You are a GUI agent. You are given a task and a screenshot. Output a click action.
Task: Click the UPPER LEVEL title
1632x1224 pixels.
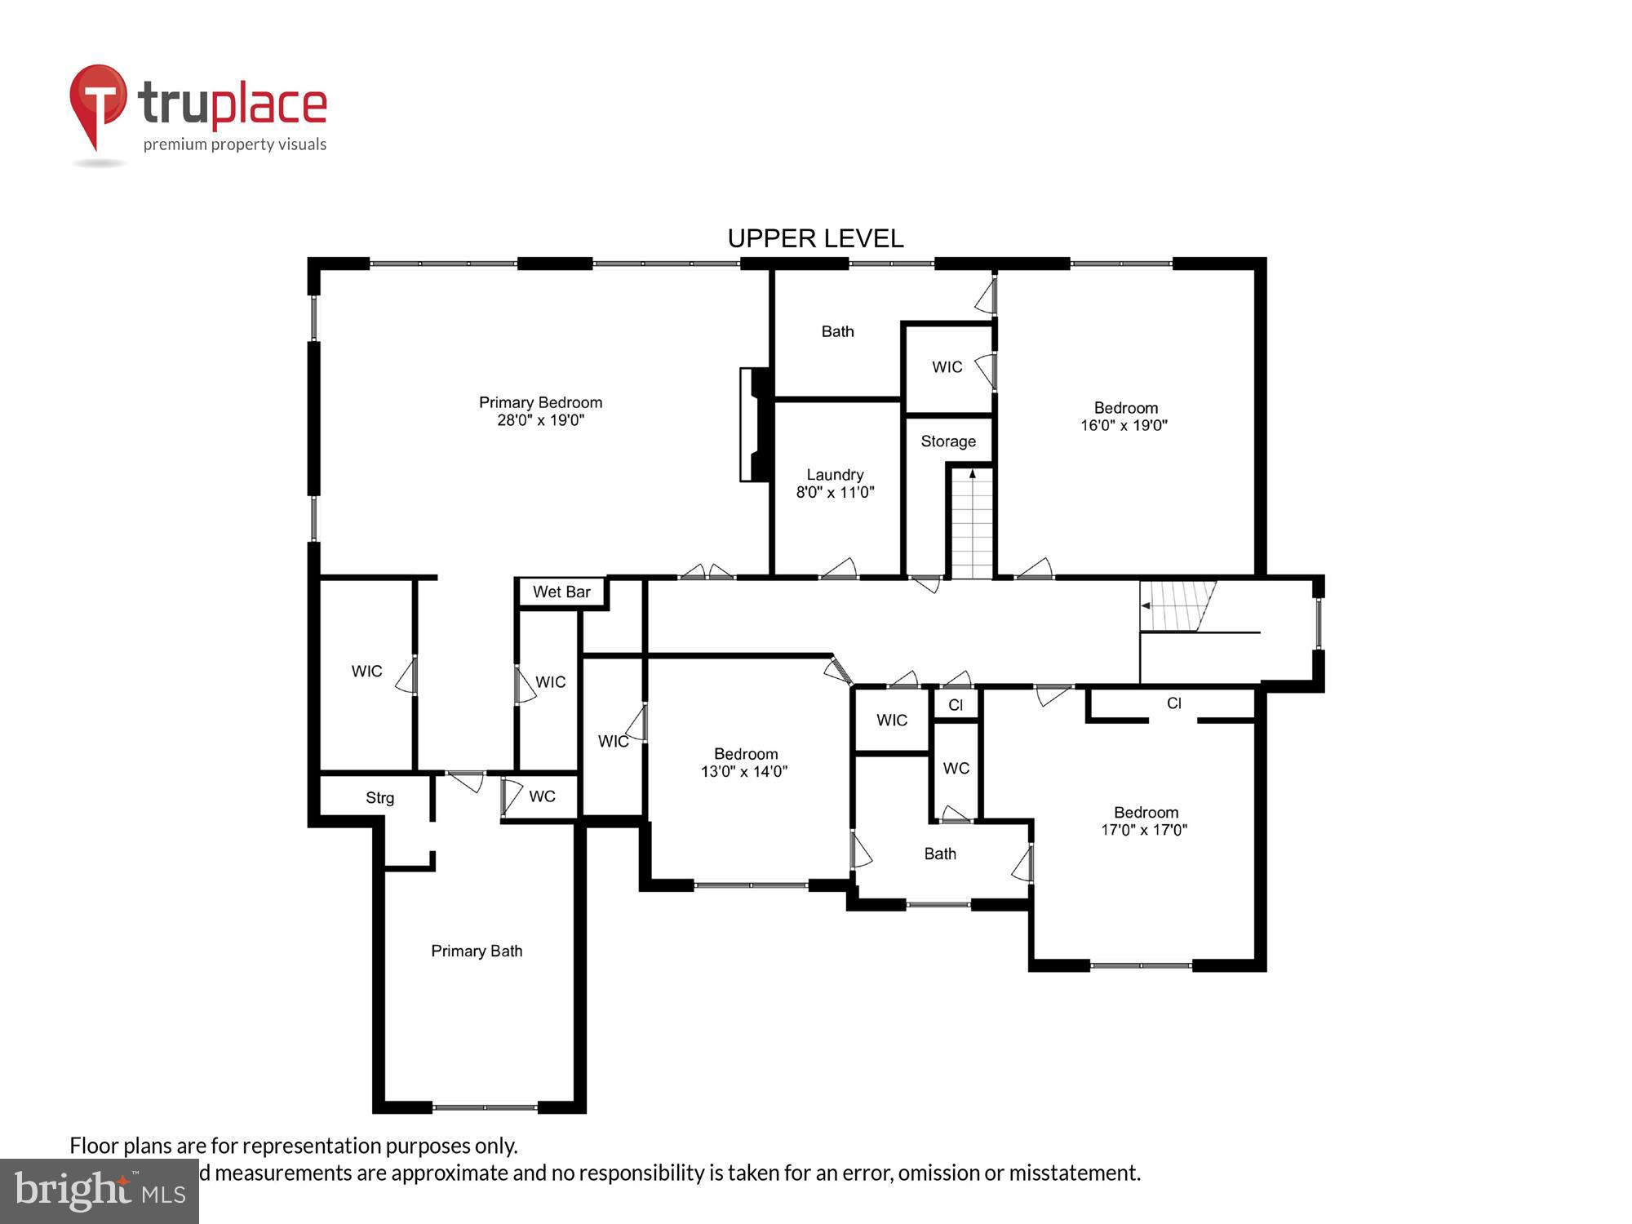point(815,238)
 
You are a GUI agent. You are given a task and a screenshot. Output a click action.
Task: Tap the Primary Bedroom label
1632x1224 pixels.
point(540,402)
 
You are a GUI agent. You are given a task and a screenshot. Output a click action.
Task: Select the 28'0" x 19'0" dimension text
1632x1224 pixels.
point(540,420)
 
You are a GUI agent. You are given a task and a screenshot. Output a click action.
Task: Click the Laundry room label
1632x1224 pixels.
point(835,474)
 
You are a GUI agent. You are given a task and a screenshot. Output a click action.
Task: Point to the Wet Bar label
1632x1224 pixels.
point(561,592)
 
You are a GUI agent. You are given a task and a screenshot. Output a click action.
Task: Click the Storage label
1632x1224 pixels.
point(948,441)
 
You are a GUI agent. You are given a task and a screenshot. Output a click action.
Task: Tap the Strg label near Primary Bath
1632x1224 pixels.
point(379,798)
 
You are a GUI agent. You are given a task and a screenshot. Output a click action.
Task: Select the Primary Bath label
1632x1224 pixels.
point(477,951)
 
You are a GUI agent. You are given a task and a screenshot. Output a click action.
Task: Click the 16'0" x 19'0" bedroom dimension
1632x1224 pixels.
point(1124,425)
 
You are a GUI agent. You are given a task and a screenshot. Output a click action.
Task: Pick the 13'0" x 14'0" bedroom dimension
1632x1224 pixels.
point(743,771)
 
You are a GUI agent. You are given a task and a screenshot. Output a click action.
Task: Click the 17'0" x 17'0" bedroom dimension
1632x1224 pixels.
point(1144,830)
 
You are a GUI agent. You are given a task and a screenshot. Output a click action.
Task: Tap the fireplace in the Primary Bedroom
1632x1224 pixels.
point(755,424)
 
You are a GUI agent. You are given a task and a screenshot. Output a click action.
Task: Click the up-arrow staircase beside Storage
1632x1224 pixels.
point(971,522)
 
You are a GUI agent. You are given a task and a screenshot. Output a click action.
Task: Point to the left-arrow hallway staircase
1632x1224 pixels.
point(1175,605)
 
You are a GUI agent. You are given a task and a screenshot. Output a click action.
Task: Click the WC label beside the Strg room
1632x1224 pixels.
point(542,796)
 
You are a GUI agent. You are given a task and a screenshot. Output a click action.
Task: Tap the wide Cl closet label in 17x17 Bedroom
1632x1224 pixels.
point(1173,703)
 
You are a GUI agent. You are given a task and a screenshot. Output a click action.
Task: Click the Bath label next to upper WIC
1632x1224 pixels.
point(837,331)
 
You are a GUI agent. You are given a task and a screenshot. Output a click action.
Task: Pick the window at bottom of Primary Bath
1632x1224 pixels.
point(485,1107)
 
